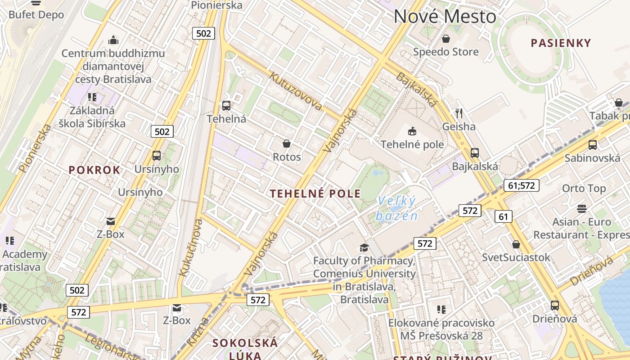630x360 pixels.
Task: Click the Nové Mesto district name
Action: [445, 17]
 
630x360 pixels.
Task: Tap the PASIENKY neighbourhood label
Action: [560, 43]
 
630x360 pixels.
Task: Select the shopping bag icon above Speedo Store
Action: [446, 39]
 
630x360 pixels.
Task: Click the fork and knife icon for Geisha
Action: [459, 113]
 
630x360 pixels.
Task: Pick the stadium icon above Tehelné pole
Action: [412, 131]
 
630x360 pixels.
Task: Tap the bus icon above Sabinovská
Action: [592, 145]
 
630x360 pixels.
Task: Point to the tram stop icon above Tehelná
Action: [226, 106]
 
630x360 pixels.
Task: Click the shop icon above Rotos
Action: [287, 144]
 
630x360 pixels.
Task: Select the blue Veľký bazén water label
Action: [396, 208]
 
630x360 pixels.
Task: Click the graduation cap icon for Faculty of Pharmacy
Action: [364, 247]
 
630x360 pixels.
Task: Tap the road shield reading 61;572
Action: [521, 185]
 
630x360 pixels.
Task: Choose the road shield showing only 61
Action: [503, 217]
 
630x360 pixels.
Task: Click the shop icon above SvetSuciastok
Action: [516, 244]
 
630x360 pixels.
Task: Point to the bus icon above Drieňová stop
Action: [555, 306]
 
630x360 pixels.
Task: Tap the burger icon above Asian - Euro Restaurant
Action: [582, 209]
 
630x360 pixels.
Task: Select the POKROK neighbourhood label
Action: [94, 170]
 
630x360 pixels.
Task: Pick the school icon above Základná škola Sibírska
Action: [92, 97]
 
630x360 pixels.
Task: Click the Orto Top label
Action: [584, 188]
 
